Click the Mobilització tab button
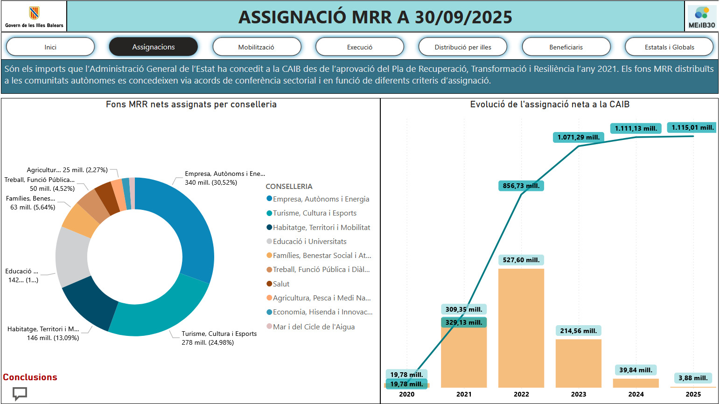tap(256, 47)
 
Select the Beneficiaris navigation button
tap(566, 47)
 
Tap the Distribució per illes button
tap(462, 47)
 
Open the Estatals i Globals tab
tap(669, 47)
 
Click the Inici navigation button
tap(50, 47)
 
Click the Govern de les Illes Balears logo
tap(34, 16)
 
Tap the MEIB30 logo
tap(701, 17)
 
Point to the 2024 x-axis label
tap(636, 394)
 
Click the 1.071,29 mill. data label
tap(579, 137)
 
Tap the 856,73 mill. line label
tap(521, 186)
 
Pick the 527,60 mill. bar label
tap(521, 260)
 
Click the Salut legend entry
tap(281, 284)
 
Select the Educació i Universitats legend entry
tap(309, 241)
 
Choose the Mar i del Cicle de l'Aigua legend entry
tap(314, 327)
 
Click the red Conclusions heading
tap(30, 377)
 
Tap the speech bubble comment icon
tap(20, 393)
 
